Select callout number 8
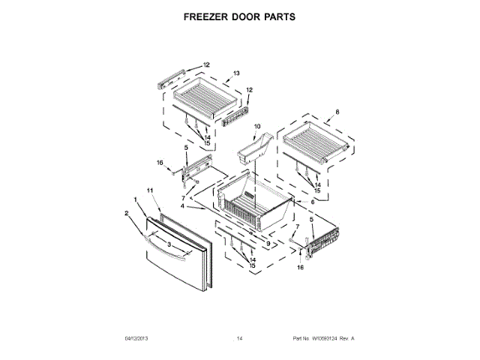click(x=337, y=112)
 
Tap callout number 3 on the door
click(x=169, y=244)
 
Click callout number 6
click(x=303, y=202)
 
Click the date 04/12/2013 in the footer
click(x=137, y=339)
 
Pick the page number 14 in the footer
click(x=240, y=339)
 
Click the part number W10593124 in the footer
click(x=329, y=339)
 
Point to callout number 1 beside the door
click(x=136, y=199)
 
